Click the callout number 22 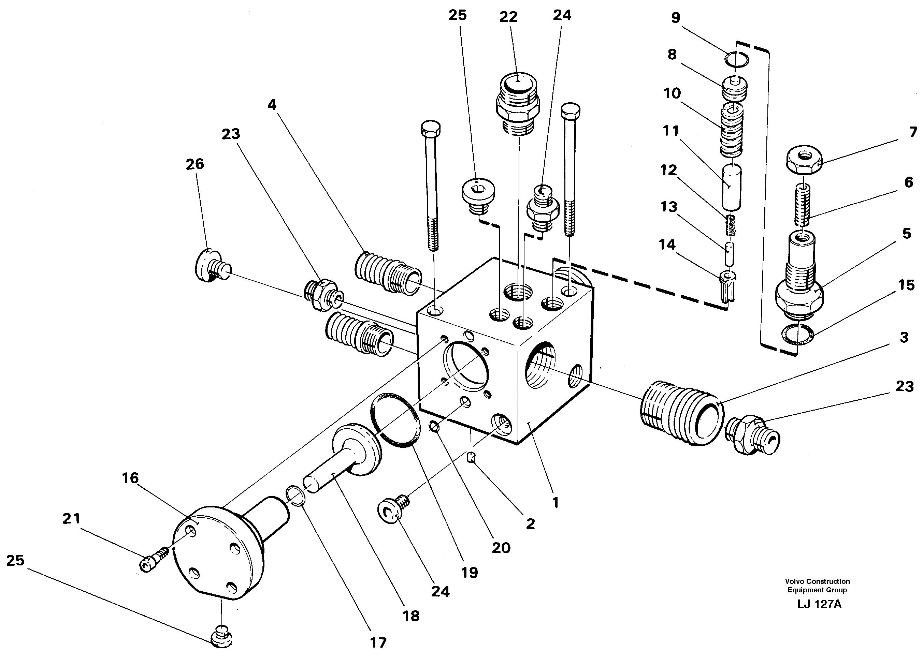coord(508,17)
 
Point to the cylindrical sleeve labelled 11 coord(731,186)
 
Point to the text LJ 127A coord(819,604)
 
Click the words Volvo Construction coord(817,581)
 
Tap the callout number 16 coord(130,478)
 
